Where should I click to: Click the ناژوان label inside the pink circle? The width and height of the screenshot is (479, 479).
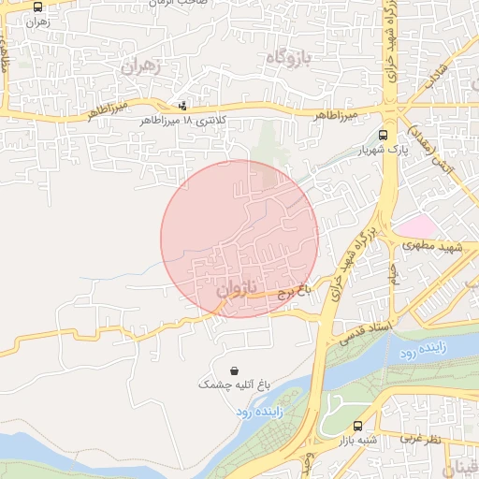coord(236,289)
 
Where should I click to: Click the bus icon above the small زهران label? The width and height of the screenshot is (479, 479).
coord(37,7)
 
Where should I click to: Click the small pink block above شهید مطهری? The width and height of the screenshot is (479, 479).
coord(415,225)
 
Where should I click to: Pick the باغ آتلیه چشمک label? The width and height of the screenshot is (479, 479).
coord(234,385)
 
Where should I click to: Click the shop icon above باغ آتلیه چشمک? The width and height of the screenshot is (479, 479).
coord(234,370)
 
